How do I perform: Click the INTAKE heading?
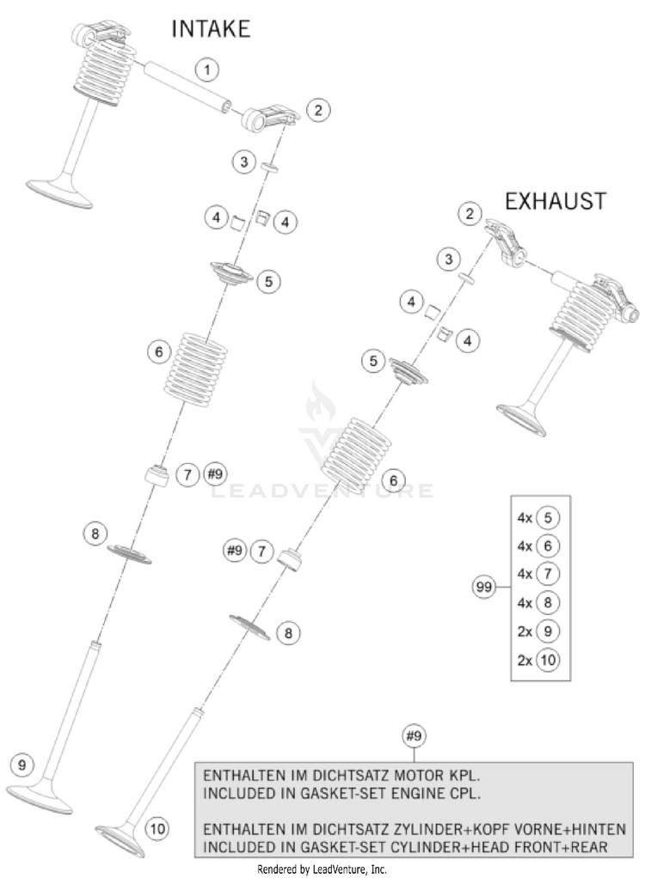pyautogui.click(x=211, y=29)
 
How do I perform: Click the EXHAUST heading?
pyautogui.click(x=555, y=201)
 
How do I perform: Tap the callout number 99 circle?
pyautogui.click(x=484, y=588)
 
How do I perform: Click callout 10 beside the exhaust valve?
pyautogui.click(x=157, y=829)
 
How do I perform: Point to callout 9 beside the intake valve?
pyautogui.click(x=22, y=763)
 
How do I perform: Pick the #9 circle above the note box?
pyautogui.click(x=414, y=735)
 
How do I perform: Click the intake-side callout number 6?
pyautogui.click(x=157, y=351)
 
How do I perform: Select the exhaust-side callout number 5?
pyautogui.click(x=372, y=362)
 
